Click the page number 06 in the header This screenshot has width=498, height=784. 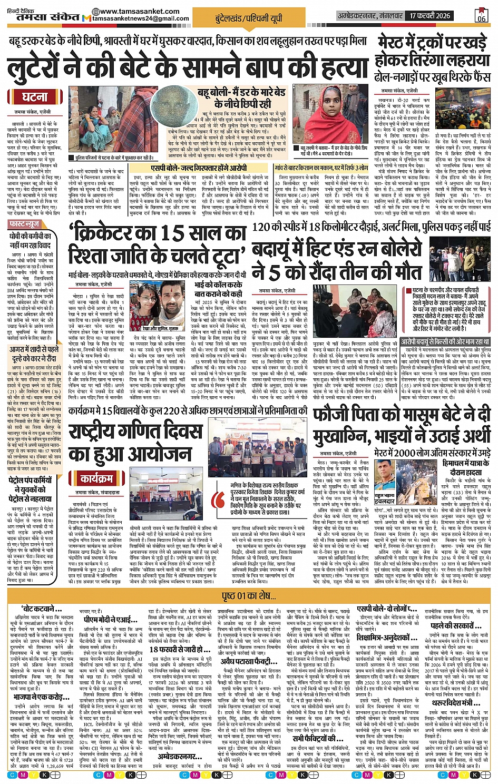[481, 17]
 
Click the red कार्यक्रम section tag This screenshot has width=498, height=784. [96, 478]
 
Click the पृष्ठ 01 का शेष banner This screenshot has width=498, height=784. [249, 596]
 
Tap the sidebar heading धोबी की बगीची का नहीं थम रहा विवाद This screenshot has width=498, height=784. [30, 241]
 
